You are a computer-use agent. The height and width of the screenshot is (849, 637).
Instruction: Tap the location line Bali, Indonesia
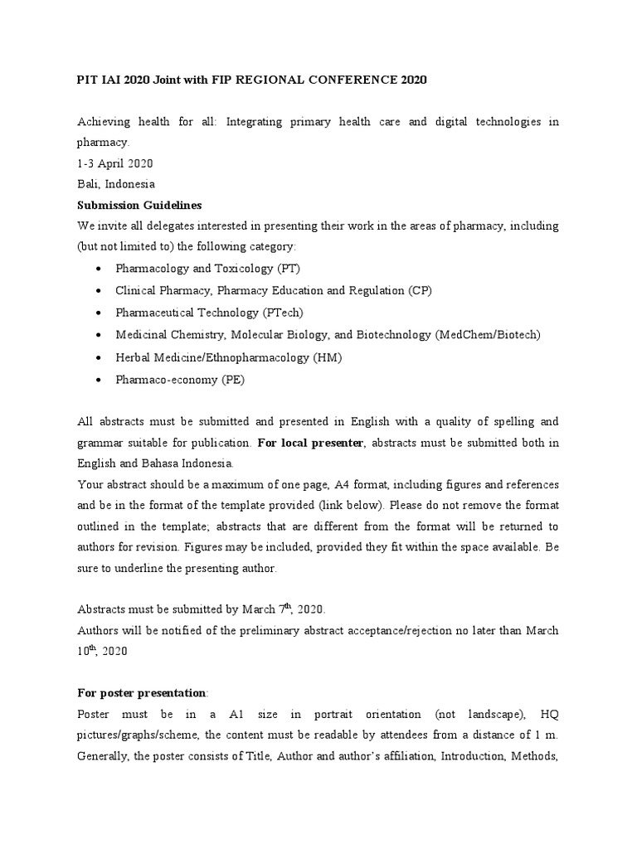[115, 184]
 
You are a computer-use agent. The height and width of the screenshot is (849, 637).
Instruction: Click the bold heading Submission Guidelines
[139, 205]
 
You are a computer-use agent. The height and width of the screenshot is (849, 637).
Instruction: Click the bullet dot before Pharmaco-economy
[99, 380]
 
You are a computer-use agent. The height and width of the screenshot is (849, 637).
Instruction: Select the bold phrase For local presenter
[310, 443]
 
